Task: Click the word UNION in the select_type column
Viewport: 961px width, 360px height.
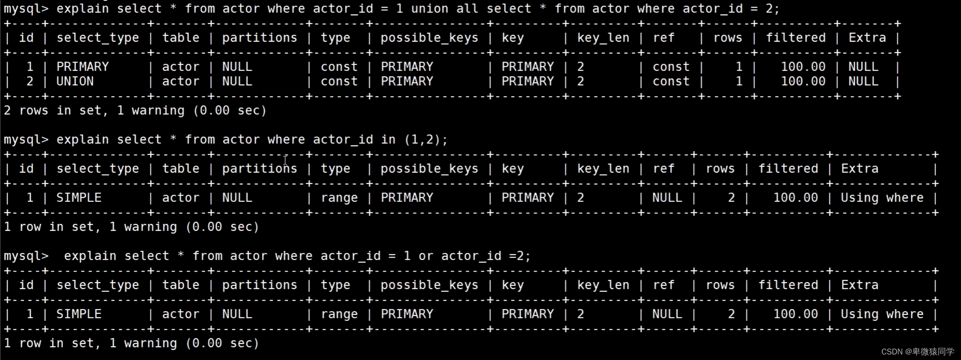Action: [x=75, y=81]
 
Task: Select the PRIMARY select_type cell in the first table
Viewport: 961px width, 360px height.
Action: [x=82, y=67]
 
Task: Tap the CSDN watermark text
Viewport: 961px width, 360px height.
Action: [x=917, y=351]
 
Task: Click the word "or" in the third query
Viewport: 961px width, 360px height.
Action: [x=426, y=256]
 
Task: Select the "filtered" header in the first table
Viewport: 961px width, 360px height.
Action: [x=796, y=38]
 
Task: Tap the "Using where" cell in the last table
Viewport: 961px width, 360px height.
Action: [x=882, y=314]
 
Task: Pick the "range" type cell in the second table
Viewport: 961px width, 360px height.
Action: [x=339, y=198]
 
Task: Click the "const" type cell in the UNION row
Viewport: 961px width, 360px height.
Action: [x=339, y=81]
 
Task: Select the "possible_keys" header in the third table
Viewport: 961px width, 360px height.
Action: [x=429, y=285]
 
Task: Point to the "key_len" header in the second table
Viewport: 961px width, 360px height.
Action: [x=603, y=169]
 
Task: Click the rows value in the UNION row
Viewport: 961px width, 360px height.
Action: [x=739, y=81]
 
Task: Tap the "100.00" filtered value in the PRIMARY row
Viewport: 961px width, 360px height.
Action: [x=803, y=67]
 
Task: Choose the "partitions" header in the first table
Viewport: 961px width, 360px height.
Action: [x=259, y=38]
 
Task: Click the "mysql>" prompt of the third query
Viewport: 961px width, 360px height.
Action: [x=26, y=256]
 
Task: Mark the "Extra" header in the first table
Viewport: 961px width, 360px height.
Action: [x=867, y=38]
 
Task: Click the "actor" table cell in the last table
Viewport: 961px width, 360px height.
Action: [x=180, y=314]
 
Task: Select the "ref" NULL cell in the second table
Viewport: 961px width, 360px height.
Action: [x=667, y=198]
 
